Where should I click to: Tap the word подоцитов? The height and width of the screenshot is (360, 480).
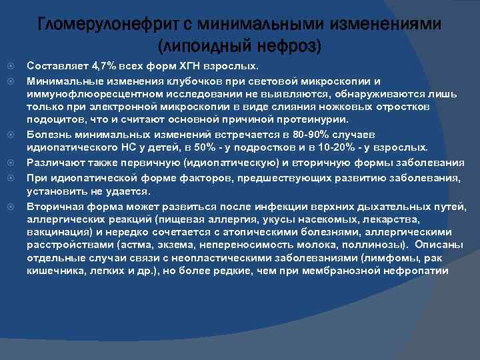coord(53,120)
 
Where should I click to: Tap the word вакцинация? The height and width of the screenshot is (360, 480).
coord(57,232)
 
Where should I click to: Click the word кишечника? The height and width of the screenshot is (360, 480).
coord(52,271)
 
